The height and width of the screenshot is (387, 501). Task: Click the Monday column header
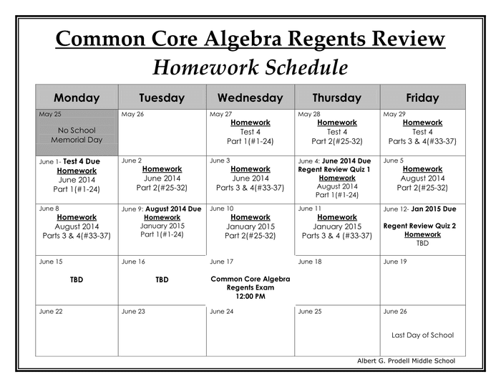pyautogui.click(x=77, y=97)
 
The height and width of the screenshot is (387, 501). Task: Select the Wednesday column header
pyautogui.click(x=250, y=97)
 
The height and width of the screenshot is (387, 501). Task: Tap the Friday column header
pyautogui.click(x=422, y=97)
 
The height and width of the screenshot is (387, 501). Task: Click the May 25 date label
pyautogui.click(x=50, y=114)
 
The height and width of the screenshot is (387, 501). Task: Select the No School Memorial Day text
pyautogui.click(x=77, y=135)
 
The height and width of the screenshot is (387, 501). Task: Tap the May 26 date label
pyautogui.click(x=132, y=114)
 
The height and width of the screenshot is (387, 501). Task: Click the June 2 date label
pyautogui.click(x=132, y=161)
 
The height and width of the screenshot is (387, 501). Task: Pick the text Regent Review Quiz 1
pyautogui.click(x=334, y=170)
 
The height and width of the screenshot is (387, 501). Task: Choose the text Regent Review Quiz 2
pyautogui.click(x=419, y=226)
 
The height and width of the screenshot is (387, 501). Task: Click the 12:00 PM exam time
pyautogui.click(x=250, y=296)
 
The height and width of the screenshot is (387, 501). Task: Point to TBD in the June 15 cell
pyautogui.click(x=77, y=279)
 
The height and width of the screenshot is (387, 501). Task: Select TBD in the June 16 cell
pyautogui.click(x=162, y=279)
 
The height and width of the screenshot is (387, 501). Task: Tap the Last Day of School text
pyautogui.click(x=422, y=335)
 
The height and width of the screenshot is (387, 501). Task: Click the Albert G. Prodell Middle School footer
pyautogui.click(x=406, y=360)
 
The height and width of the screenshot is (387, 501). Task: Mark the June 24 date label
pyautogui.click(x=221, y=311)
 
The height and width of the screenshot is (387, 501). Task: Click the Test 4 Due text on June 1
pyautogui.click(x=82, y=161)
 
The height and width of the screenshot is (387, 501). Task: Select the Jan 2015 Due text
pyautogui.click(x=434, y=209)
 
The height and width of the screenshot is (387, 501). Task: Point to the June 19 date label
pyautogui.click(x=394, y=262)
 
